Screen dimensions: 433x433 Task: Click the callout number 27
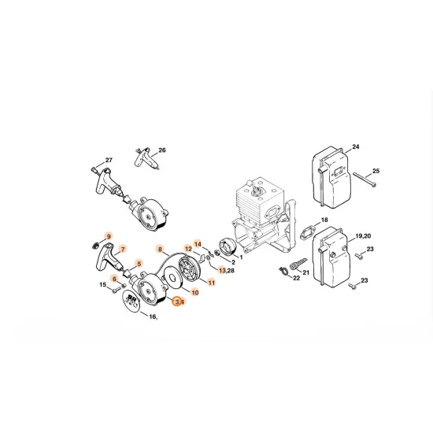109,161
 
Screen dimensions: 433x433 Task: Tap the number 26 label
162,150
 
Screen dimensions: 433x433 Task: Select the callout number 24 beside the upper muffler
356,147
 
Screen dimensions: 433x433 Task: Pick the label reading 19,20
364,235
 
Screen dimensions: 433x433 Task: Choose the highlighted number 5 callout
139,264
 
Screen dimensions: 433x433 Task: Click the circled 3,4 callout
179,301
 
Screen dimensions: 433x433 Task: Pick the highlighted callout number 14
198,244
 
